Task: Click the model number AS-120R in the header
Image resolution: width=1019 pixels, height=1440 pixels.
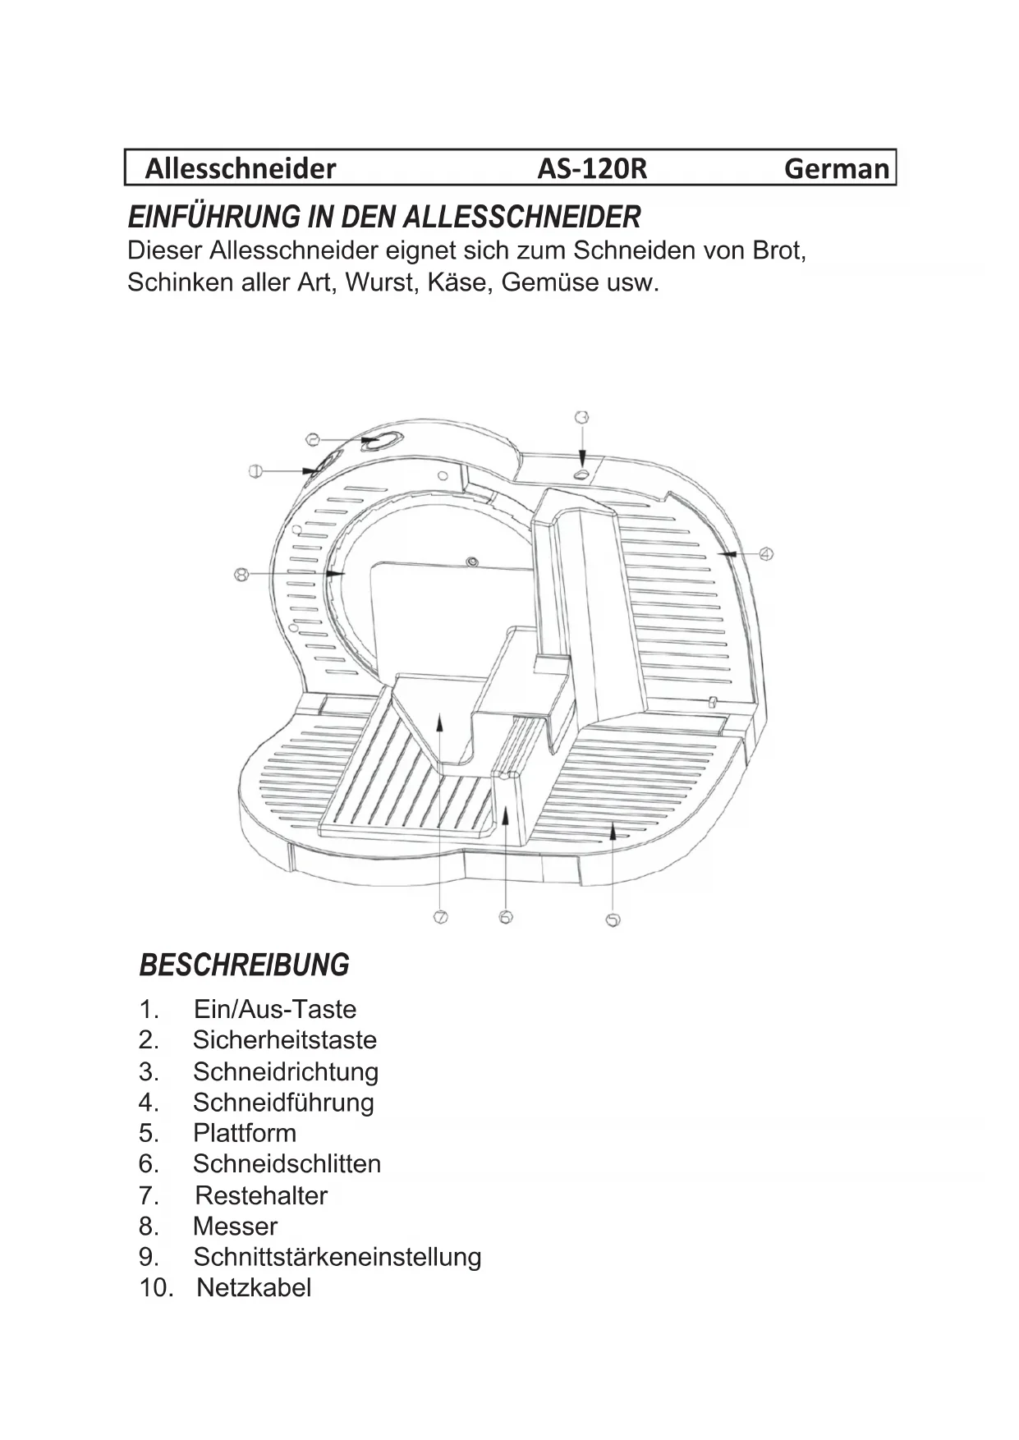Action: pyautogui.click(x=592, y=168)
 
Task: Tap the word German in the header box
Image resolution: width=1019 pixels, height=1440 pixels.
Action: pyautogui.click(x=836, y=168)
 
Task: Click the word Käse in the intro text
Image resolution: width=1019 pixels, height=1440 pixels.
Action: pyautogui.click(x=458, y=282)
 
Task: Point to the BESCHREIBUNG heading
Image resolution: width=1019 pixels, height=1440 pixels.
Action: pyautogui.click(x=245, y=965)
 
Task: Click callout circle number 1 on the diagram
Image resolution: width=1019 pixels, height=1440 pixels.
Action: pyautogui.click(x=255, y=470)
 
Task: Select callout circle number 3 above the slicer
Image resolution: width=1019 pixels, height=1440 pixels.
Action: pyautogui.click(x=581, y=418)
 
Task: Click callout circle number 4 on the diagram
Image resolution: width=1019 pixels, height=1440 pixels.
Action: pyautogui.click(x=765, y=554)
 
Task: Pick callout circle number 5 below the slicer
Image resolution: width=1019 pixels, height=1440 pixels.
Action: pyautogui.click(x=612, y=920)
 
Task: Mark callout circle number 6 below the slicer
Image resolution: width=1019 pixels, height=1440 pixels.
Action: pyautogui.click(x=506, y=917)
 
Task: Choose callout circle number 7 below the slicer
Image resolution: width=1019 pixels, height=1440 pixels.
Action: pyautogui.click(x=441, y=917)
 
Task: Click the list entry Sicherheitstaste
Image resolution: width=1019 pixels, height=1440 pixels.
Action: pyautogui.click(x=284, y=1040)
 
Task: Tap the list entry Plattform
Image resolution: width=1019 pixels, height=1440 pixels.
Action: pyautogui.click(x=244, y=1133)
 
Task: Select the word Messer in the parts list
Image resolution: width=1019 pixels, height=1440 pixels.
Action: pyautogui.click(x=235, y=1227)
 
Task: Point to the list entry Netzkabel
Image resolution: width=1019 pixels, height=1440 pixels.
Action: pyautogui.click(x=254, y=1287)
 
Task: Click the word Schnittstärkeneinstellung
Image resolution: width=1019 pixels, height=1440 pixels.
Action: pyautogui.click(x=337, y=1257)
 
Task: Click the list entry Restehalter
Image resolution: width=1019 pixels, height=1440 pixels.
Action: pyautogui.click(x=261, y=1195)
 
